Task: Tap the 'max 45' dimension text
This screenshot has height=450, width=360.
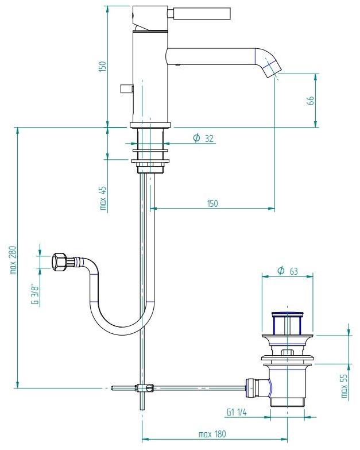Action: click(103, 198)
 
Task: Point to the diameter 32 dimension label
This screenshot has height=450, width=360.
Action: click(203, 138)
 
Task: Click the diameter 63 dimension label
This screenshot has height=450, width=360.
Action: click(287, 271)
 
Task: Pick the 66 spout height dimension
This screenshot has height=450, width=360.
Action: click(310, 100)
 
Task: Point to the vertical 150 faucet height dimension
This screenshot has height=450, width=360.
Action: click(103, 66)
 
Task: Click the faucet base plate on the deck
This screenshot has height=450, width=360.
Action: click(150, 125)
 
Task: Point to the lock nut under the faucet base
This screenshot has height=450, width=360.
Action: click(150, 168)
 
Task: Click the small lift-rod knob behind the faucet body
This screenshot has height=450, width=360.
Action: click(126, 89)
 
